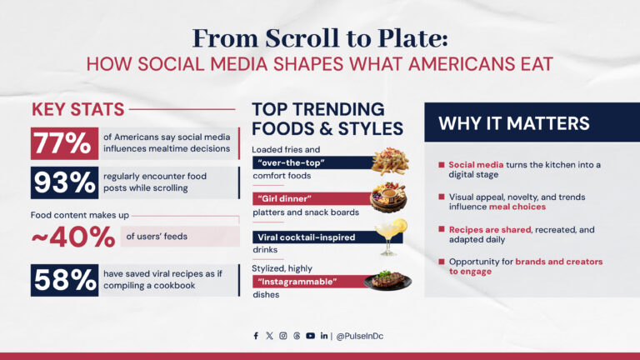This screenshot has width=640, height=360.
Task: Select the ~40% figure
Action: (x=73, y=237)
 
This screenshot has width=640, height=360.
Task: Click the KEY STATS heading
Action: (x=78, y=109)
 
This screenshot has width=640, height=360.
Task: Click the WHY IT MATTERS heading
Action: (x=514, y=124)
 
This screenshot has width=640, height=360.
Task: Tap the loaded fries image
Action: (x=389, y=159)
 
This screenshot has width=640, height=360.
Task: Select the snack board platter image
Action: (x=389, y=198)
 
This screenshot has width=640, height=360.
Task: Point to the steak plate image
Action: (x=388, y=279)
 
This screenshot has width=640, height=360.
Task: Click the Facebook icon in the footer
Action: (x=256, y=336)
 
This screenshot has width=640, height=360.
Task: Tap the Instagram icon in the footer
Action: (x=283, y=336)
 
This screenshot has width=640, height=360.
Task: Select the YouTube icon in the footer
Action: (x=310, y=336)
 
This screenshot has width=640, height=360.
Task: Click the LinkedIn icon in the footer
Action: (x=323, y=336)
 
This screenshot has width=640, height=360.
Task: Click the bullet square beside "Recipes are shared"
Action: (x=442, y=227)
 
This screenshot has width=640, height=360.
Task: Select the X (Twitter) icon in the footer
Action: (x=269, y=336)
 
